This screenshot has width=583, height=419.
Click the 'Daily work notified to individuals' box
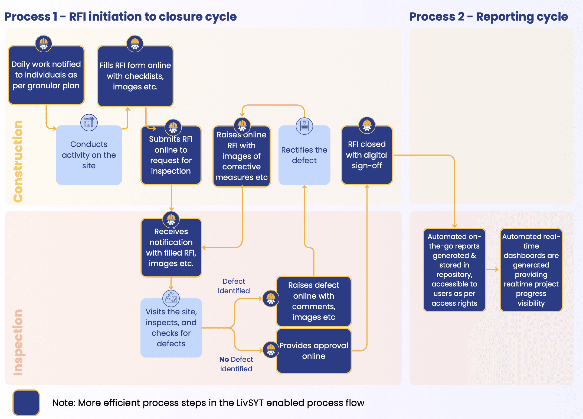(46, 75)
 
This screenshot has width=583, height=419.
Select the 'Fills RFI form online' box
(135, 76)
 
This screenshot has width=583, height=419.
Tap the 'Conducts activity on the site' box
(89, 155)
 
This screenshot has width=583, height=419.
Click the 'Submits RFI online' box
(171, 155)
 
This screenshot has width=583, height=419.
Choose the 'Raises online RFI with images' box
(241, 156)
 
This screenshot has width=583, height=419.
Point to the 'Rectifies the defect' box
(304, 155)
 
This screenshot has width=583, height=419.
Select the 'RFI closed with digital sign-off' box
(367, 155)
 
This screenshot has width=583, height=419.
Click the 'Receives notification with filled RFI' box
(171, 247)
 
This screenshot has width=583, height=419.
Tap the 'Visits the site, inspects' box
(171, 328)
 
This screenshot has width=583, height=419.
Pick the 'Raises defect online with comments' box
(314, 301)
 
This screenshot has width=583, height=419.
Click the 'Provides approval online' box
(314, 351)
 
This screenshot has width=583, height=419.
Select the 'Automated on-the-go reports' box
(454, 270)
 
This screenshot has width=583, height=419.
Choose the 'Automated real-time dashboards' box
(531, 270)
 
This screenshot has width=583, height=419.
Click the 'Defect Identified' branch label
(234, 286)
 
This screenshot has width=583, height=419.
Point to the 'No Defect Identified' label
(236, 364)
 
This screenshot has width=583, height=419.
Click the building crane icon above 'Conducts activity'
(89, 123)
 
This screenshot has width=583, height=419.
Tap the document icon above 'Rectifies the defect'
(304, 126)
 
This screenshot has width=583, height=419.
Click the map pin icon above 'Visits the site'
(171, 298)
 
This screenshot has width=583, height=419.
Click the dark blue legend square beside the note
(26, 402)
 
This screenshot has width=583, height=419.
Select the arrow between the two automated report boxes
(493, 270)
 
